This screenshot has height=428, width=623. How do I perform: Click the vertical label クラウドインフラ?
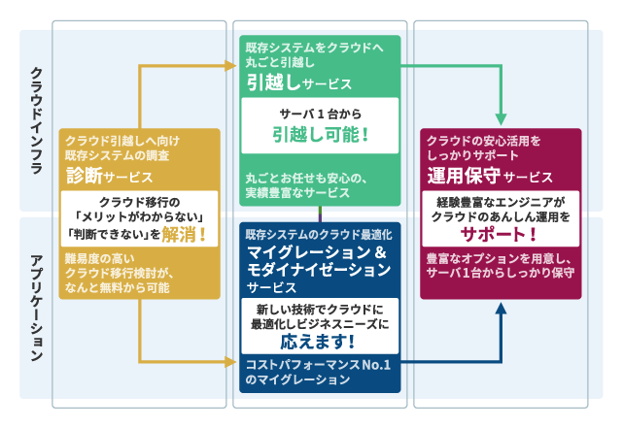point(36,121)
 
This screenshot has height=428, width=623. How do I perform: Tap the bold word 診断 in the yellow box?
point(84,175)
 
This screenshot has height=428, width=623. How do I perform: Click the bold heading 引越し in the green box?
point(272,82)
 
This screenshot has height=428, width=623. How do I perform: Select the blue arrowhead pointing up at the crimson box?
point(502,311)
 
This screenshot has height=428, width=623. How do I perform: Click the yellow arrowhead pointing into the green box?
point(231,66)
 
